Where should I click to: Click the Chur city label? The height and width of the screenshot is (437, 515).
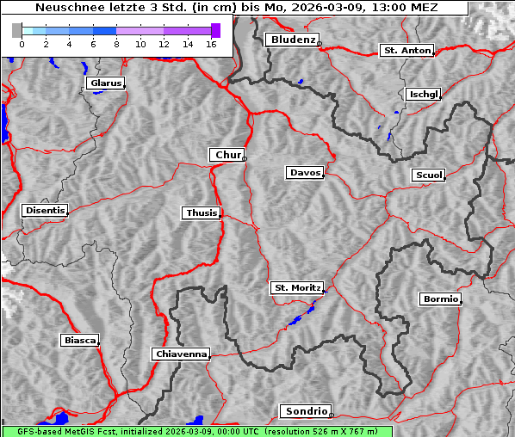pyautogui.click(x=227, y=155)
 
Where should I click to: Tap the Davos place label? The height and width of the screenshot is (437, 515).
pyautogui.click(x=305, y=173)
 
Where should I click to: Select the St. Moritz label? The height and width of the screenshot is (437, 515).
pyautogui.click(x=296, y=288)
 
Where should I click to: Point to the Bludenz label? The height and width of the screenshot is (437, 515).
pyautogui.click(x=291, y=40)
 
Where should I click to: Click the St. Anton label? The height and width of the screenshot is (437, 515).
pyautogui.click(x=406, y=51)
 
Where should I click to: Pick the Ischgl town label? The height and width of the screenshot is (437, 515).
pyautogui.click(x=424, y=94)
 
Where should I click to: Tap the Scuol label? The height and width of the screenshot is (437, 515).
pyautogui.click(x=429, y=175)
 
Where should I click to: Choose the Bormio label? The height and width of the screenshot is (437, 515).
pyautogui.click(x=440, y=299)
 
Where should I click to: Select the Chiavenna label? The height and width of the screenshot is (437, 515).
pyautogui.click(x=181, y=354)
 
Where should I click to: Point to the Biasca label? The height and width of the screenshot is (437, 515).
pyautogui.click(x=79, y=341)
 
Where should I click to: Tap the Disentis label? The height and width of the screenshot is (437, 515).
pyautogui.click(x=44, y=211)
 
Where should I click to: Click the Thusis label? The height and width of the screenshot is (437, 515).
pyautogui.click(x=202, y=212)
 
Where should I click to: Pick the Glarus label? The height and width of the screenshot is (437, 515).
pyautogui.click(x=104, y=83)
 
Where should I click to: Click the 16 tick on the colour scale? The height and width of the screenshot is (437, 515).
pyautogui.click(x=210, y=42)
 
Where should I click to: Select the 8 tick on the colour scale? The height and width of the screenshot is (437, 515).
pyautogui.click(x=116, y=42)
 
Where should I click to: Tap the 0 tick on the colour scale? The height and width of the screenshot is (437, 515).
pyautogui.click(x=22, y=42)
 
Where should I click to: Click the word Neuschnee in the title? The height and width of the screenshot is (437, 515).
pyautogui.click(x=65, y=8)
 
